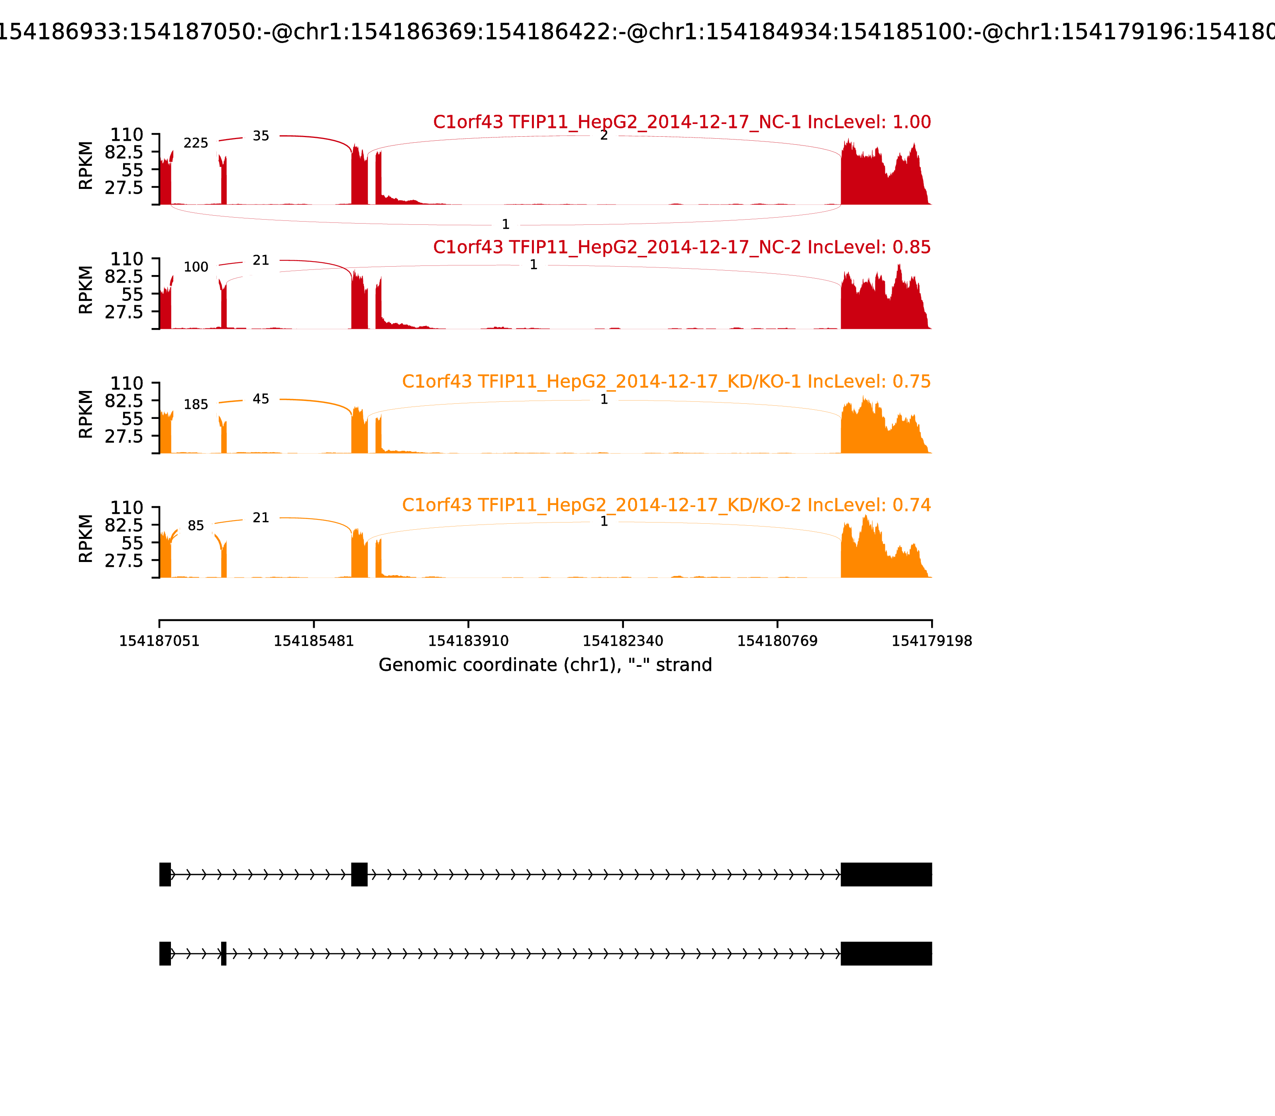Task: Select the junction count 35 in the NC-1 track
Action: pos(261,136)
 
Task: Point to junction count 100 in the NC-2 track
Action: pos(196,267)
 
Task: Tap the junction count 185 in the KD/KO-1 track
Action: pos(196,405)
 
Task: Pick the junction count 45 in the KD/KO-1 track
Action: pos(261,399)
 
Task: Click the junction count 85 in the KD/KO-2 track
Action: pos(196,526)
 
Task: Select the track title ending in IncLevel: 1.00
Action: pos(682,122)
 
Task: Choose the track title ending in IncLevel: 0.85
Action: pos(682,247)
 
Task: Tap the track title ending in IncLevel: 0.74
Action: pos(666,505)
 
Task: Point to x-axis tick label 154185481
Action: pos(314,641)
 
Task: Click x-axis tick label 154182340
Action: pos(622,641)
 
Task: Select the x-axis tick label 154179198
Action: pos(932,641)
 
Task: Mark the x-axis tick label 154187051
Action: pos(159,641)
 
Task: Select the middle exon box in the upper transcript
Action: pos(359,874)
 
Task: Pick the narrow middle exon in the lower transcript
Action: pos(224,953)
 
